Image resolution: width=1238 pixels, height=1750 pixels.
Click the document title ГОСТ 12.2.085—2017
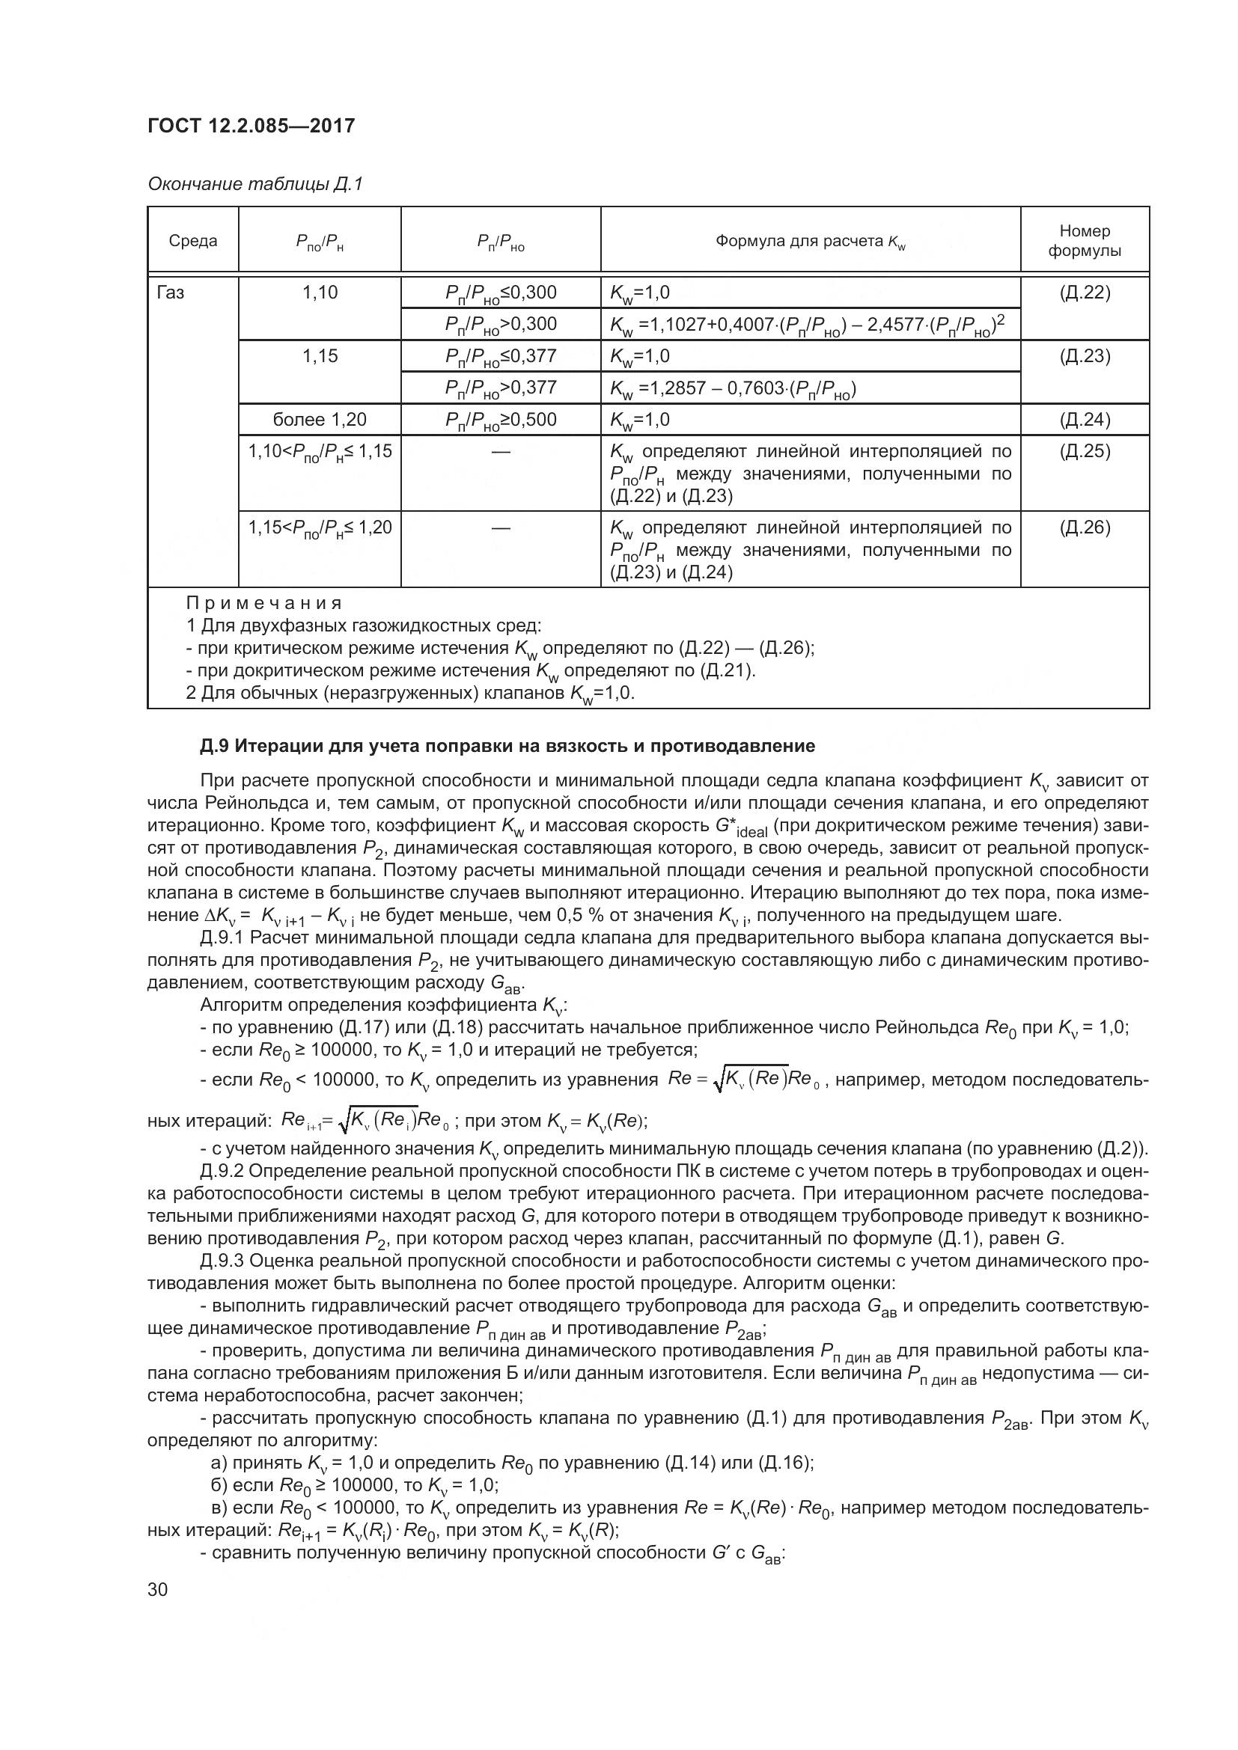(x=251, y=126)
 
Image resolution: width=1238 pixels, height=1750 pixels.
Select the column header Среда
(x=193, y=241)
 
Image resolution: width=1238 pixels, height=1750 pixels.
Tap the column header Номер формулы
(x=1084, y=240)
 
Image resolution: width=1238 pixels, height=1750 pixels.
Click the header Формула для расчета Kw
(x=810, y=242)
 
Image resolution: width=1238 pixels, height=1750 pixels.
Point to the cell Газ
(x=170, y=293)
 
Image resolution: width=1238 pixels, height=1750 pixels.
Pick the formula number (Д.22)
(x=1085, y=293)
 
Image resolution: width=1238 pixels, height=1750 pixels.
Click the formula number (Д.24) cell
(x=1085, y=420)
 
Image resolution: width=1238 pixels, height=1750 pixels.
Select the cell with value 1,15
(x=320, y=356)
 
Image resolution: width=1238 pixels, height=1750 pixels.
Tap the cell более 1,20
(x=320, y=420)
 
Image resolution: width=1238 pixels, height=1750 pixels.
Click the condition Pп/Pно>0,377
(x=501, y=389)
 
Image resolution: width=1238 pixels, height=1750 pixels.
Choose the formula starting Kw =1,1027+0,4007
(x=807, y=325)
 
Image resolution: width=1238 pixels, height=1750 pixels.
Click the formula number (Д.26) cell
(x=1085, y=527)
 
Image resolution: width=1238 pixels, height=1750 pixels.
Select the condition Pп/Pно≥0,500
(x=501, y=420)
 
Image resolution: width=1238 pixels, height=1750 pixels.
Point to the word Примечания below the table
(x=263, y=604)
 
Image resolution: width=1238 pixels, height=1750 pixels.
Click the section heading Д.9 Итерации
(x=507, y=746)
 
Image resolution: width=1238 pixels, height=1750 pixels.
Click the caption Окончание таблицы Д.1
(x=255, y=185)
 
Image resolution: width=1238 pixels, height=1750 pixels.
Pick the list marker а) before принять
(x=219, y=1463)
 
